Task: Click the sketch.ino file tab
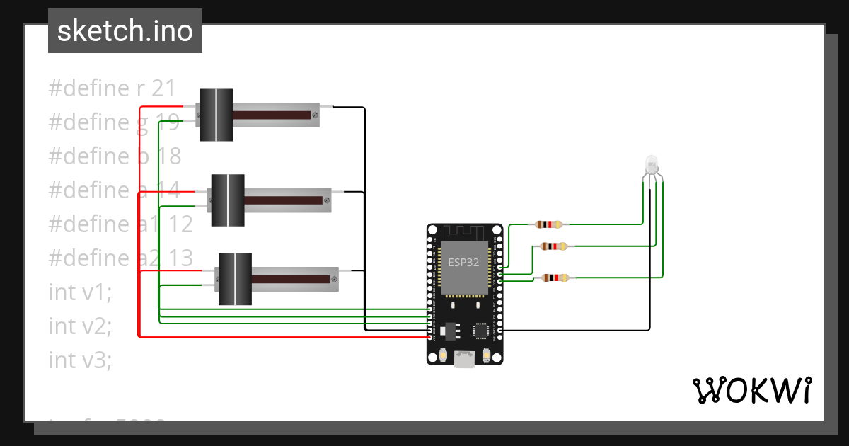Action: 125,31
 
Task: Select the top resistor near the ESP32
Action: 549,224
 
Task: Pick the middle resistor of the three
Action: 553,246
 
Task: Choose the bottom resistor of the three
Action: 553,278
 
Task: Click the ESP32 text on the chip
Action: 464,262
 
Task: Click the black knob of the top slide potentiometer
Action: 216,115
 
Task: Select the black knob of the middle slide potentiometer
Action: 228,200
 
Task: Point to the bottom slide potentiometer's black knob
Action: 235,279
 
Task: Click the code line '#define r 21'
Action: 111,88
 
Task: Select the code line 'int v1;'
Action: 80,292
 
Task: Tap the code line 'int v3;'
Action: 80,360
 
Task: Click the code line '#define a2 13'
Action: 120,258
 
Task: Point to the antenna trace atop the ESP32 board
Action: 464,232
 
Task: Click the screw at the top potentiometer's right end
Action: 314,114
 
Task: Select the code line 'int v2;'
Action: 80,326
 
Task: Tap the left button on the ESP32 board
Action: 443,355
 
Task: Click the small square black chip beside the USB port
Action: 481,331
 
